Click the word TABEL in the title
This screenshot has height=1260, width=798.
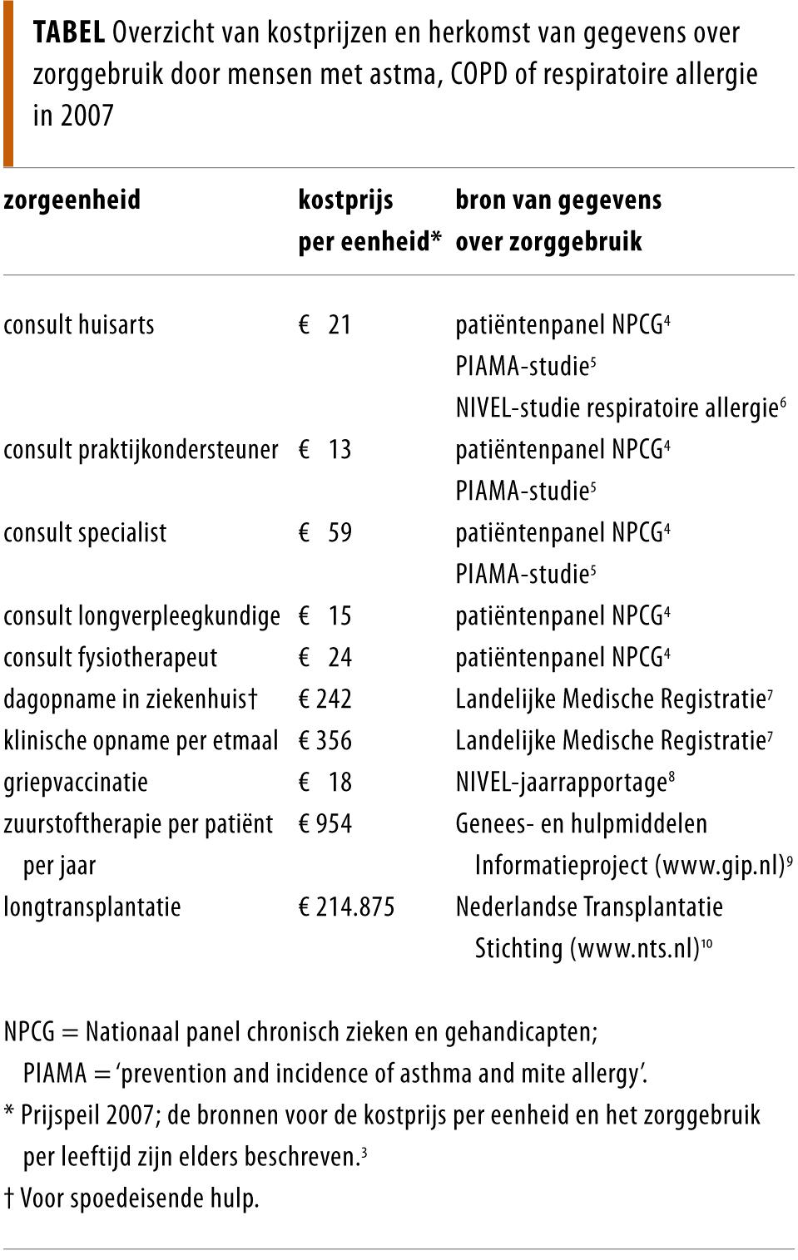coord(69,33)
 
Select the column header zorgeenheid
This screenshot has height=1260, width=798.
coord(72,200)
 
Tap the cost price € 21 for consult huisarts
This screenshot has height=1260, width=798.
coord(325,324)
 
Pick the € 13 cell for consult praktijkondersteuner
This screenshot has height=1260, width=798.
coord(325,449)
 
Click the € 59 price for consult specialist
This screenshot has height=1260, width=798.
coord(325,532)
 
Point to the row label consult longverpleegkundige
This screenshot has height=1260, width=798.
coord(141,616)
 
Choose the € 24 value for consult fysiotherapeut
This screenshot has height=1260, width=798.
coord(325,657)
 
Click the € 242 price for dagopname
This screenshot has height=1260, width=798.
coord(325,699)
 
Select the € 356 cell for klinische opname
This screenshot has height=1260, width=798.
coord(325,740)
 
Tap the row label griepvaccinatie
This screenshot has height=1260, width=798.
coord(76,782)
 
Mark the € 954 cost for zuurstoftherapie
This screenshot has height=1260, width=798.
coord(325,823)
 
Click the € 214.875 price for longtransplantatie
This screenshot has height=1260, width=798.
coord(347,907)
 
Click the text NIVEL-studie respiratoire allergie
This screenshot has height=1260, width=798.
coord(616,408)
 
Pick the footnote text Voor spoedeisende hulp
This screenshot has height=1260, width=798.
coord(139,1198)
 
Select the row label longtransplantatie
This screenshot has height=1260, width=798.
coord(92,907)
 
